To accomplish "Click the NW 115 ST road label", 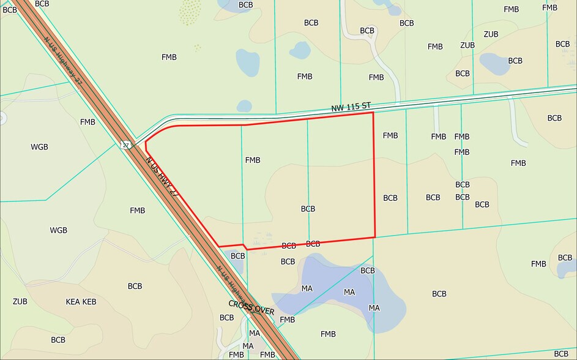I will click(x=351, y=108).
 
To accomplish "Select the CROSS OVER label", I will click(x=251, y=307).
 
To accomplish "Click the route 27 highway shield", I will click(x=125, y=145).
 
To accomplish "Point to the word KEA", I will click(x=73, y=302).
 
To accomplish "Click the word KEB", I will click(x=89, y=302).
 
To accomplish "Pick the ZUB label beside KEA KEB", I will click(x=20, y=301).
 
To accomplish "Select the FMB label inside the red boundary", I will click(x=253, y=160).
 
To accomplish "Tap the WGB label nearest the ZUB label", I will click(x=59, y=230).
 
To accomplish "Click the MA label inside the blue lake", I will click(x=349, y=292).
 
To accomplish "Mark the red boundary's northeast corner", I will click(x=373, y=113).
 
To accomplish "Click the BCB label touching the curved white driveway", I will click(x=367, y=31).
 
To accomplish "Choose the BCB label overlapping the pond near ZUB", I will click(x=515, y=61).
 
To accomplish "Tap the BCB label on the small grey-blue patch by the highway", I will click(x=238, y=256).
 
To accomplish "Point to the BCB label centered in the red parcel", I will click(x=308, y=209).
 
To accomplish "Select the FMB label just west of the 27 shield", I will click(x=87, y=122).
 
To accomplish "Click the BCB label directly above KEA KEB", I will click(x=135, y=286).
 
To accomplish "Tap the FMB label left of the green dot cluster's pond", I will click(x=169, y=57).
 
